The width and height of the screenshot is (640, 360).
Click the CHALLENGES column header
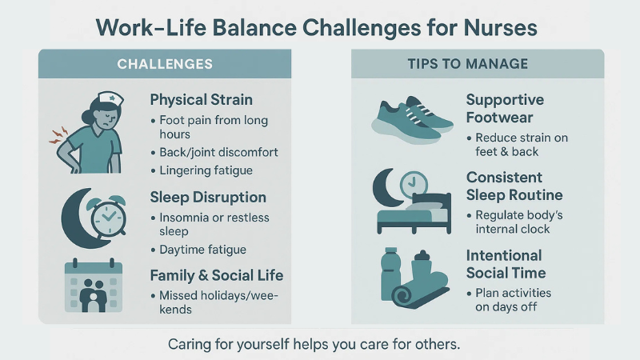(x=165, y=63)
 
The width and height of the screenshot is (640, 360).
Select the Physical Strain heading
(x=201, y=100)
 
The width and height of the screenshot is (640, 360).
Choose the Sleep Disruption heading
(x=208, y=197)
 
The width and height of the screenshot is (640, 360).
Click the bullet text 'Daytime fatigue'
(x=202, y=250)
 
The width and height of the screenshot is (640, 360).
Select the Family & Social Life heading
(x=217, y=276)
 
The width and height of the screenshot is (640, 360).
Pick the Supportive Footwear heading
(x=505, y=108)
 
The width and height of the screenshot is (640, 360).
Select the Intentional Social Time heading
(x=504, y=264)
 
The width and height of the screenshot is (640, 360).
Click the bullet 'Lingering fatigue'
(x=206, y=170)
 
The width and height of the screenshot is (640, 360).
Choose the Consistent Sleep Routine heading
(x=515, y=186)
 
